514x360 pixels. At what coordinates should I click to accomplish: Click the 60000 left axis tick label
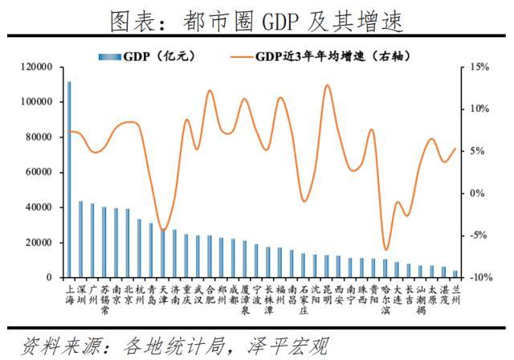tap(39, 172)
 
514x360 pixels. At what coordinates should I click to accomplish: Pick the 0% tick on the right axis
tap(475, 193)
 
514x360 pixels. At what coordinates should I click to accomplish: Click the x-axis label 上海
tap(69, 292)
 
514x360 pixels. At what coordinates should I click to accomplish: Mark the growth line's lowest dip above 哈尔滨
tap(386, 250)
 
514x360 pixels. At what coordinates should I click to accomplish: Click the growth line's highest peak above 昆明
tap(327, 85)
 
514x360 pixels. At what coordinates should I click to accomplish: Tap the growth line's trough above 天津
tap(163, 231)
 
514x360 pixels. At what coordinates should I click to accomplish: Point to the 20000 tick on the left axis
tap(39, 242)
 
